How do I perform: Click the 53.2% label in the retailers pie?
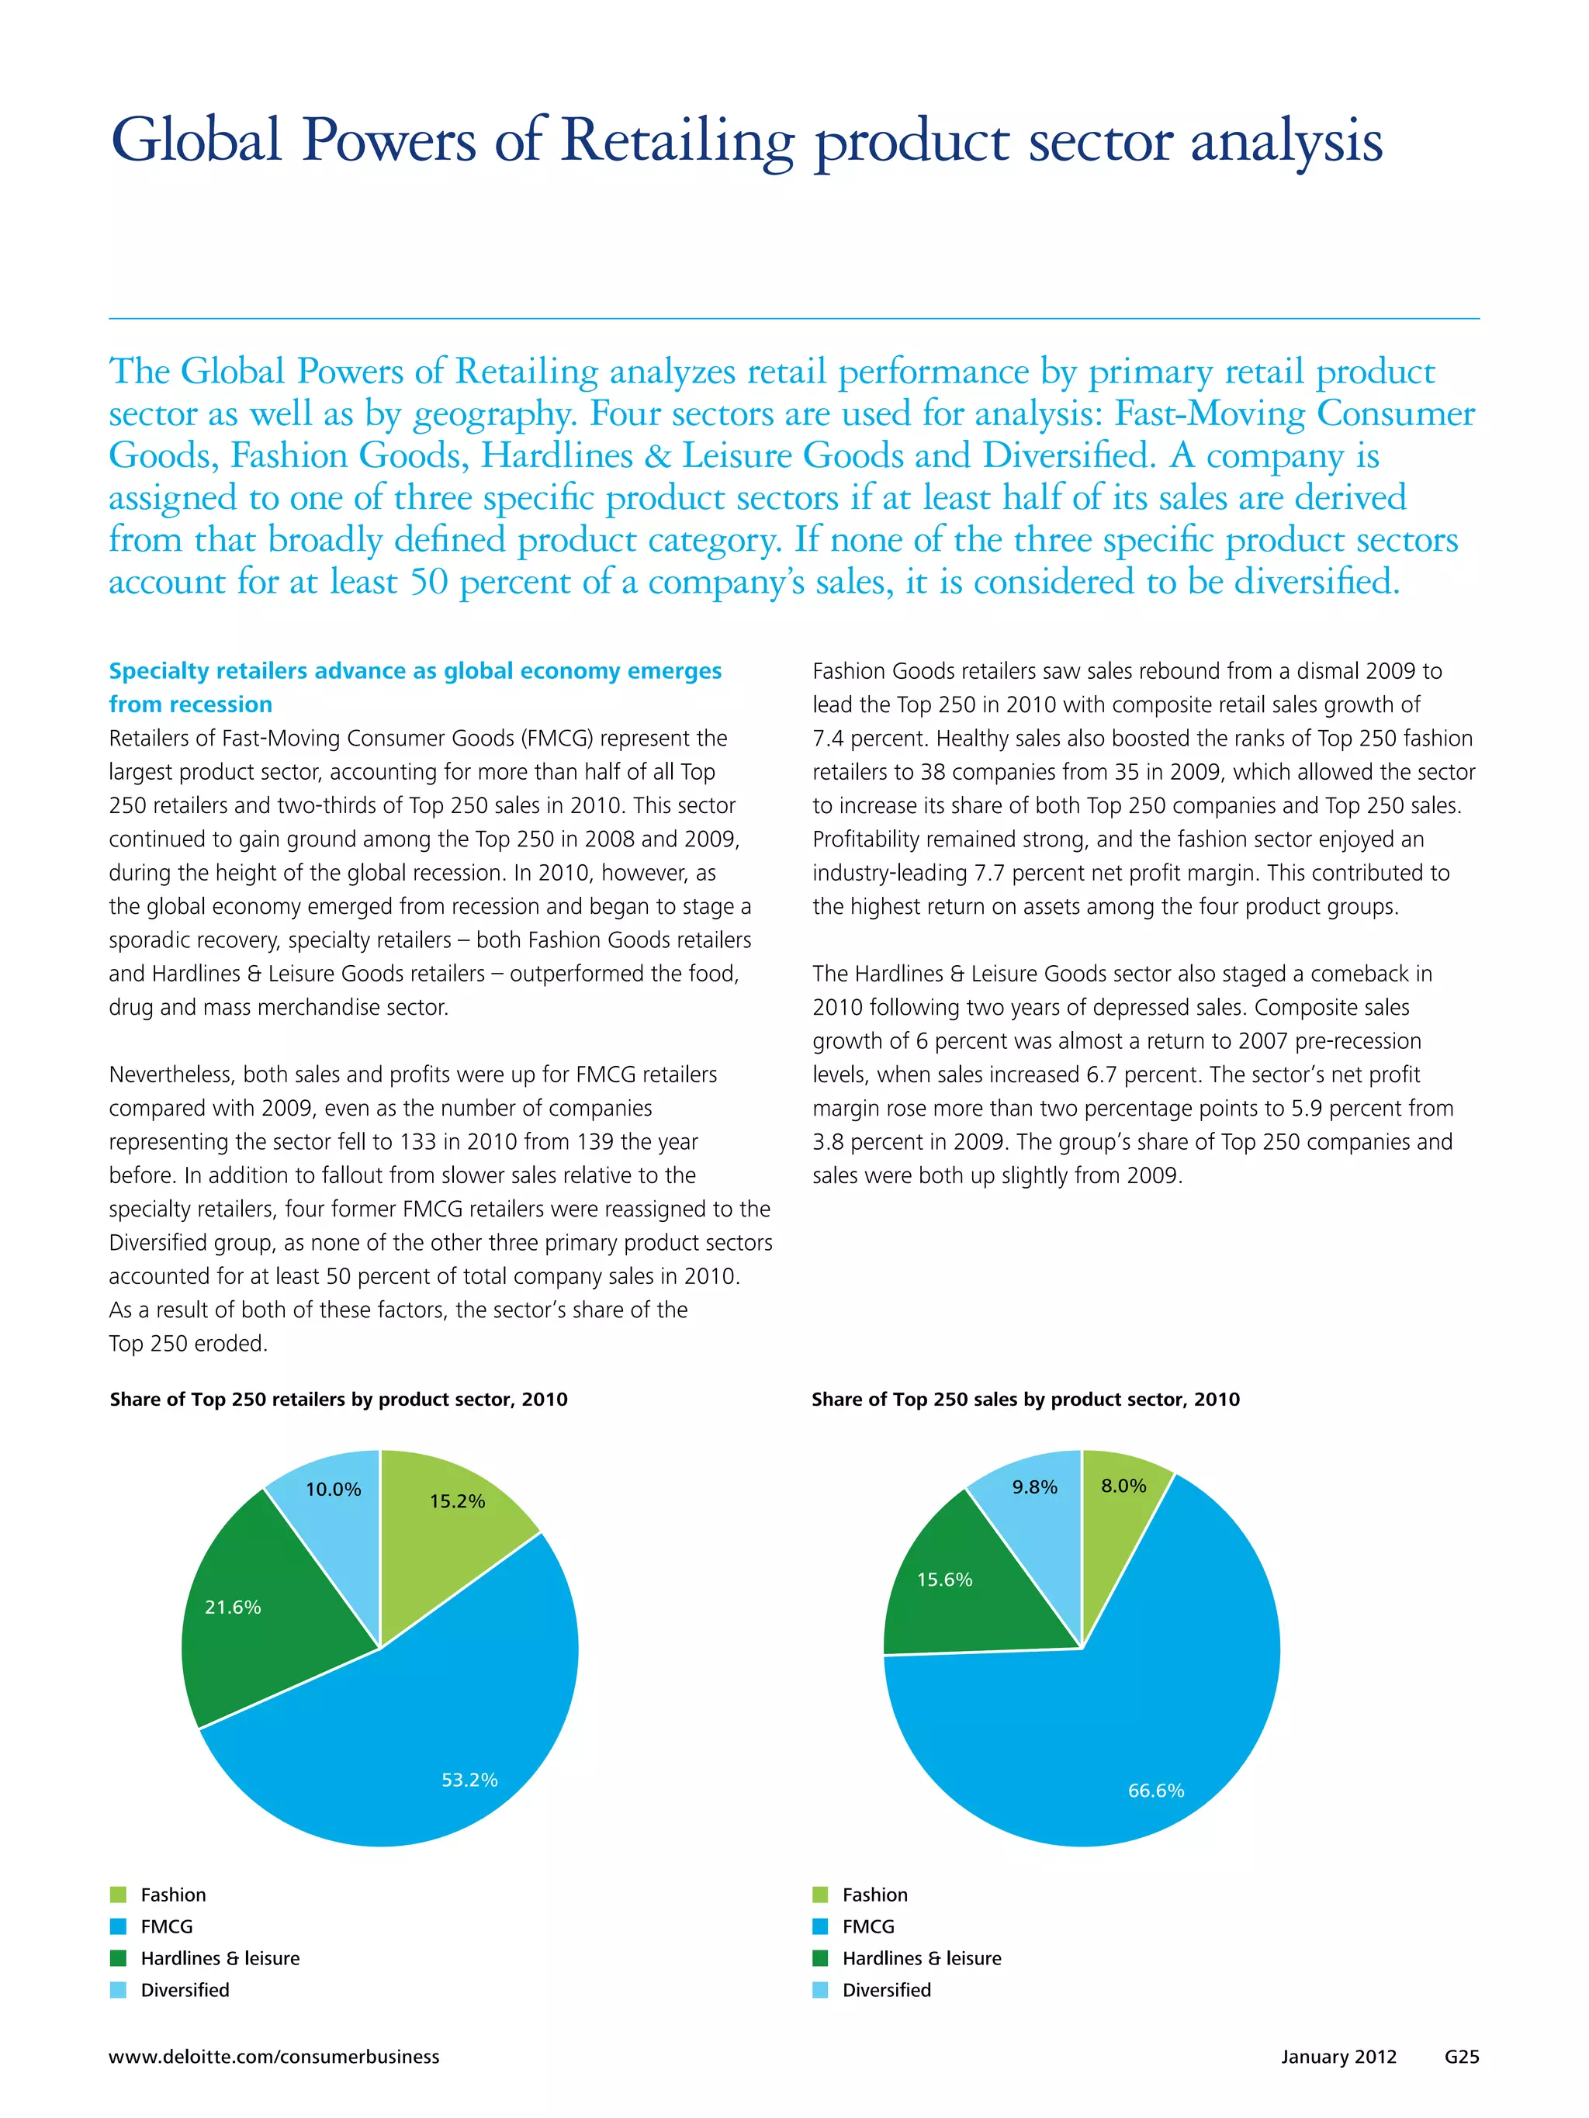click(469, 1780)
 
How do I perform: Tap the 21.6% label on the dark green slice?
click(233, 1607)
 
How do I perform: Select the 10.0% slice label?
click(334, 1489)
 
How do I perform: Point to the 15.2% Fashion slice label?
click(457, 1501)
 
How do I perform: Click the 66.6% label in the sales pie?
click(1156, 1791)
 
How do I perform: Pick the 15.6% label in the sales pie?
click(944, 1579)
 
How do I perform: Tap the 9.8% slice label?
click(1034, 1487)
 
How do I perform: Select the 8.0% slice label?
click(1123, 1486)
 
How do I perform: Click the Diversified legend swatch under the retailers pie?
click(119, 1990)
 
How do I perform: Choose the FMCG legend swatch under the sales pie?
click(820, 1926)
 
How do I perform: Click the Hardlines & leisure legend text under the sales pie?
click(922, 1958)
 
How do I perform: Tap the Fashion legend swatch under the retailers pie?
click(119, 1895)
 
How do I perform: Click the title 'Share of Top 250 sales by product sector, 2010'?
click(1025, 1399)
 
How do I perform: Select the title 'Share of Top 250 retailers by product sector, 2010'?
click(338, 1399)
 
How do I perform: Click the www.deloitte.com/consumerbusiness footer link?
click(274, 2057)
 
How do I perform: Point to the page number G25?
click(1462, 2057)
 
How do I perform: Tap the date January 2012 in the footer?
click(1338, 2057)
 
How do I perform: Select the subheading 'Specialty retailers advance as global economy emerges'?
click(415, 671)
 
